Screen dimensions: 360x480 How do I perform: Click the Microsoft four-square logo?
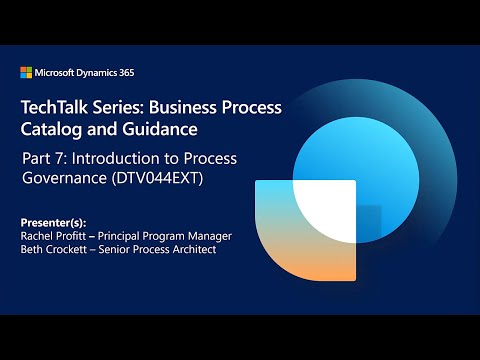25,72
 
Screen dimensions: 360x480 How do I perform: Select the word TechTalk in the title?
52,108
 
